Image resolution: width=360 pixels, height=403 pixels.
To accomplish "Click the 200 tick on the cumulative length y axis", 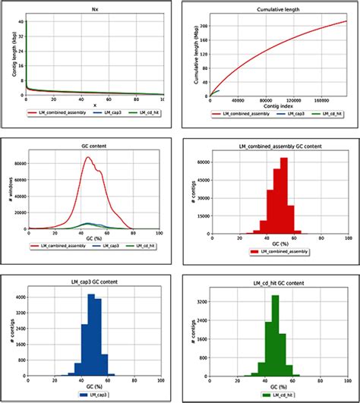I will pyautogui.click(x=204, y=25).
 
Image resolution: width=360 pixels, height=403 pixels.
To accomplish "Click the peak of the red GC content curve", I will pyautogui.click(x=88, y=157).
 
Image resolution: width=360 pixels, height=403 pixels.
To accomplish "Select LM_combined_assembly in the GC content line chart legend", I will pyautogui.click(x=58, y=246).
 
